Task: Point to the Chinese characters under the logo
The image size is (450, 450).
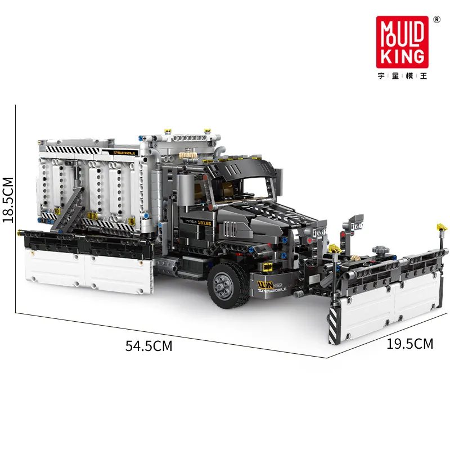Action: (402, 75)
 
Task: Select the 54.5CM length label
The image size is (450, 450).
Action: (148, 346)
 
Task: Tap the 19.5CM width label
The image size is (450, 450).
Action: (410, 344)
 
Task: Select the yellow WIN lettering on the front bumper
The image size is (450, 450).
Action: (264, 285)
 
